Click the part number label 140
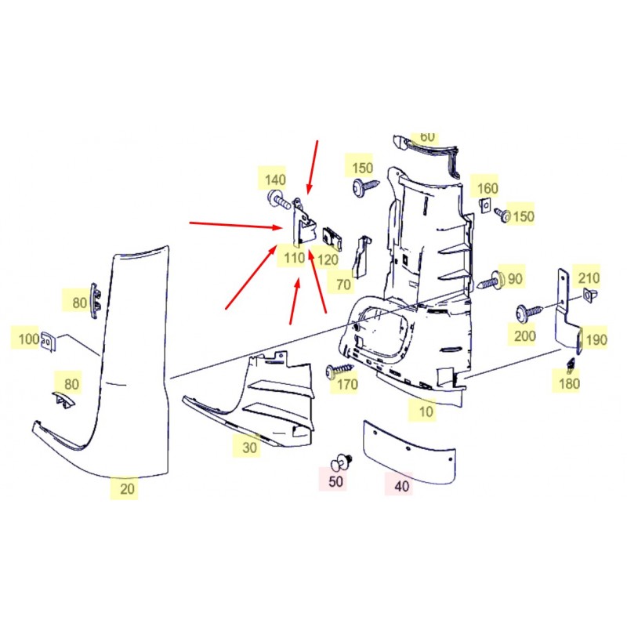(275, 179)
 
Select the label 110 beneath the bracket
(295, 258)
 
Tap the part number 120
(328, 260)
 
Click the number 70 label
(343, 285)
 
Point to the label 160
(487, 188)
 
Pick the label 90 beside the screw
(515, 278)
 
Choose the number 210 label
(589, 277)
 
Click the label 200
(524, 336)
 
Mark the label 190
(596, 340)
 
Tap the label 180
(569, 383)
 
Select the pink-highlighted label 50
(335, 481)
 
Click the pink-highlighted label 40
(401, 486)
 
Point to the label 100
(29, 339)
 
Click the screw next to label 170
(339, 368)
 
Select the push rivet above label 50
(341, 462)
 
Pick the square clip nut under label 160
(484, 205)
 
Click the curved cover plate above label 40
(409, 452)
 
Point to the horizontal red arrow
(236, 225)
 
